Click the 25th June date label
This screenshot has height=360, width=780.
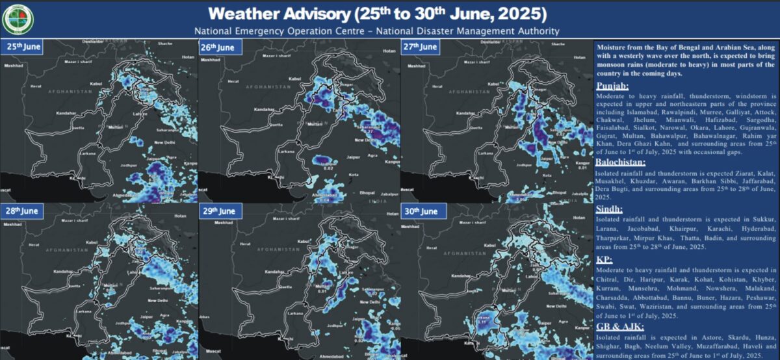[23, 47]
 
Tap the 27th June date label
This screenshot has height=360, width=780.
[420, 47]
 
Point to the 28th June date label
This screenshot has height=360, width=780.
[23, 211]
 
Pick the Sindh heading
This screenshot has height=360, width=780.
[610, 209]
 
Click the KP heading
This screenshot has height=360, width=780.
[604, 258]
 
